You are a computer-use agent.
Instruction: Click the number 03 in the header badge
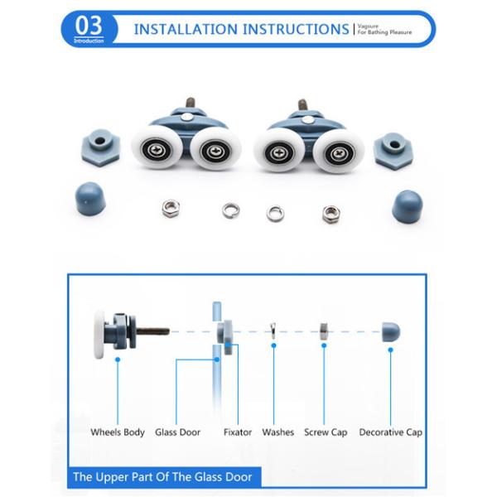(x=89, y=26)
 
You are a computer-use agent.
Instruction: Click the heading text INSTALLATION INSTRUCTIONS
(x=241, y=29)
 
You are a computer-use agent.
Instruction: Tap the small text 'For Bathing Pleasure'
(x=384, y=32)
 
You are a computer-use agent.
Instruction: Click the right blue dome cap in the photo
(x=407, y=204)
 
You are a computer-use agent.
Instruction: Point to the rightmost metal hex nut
(x=331, y=213)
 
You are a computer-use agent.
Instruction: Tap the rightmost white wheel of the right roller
(x=338, y=151)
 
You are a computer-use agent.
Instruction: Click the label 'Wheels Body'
(x=118, y=432)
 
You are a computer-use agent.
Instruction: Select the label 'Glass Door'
(x=178, y=432)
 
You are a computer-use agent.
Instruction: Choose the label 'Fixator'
(x=238, y=432)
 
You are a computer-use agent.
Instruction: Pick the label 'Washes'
(x=278, y=432)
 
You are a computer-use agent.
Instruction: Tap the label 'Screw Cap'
(x=326, y=432)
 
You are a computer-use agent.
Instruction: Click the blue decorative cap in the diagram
(x=390, y=332)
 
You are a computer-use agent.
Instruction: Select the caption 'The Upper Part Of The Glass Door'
(x=166, y=476)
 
